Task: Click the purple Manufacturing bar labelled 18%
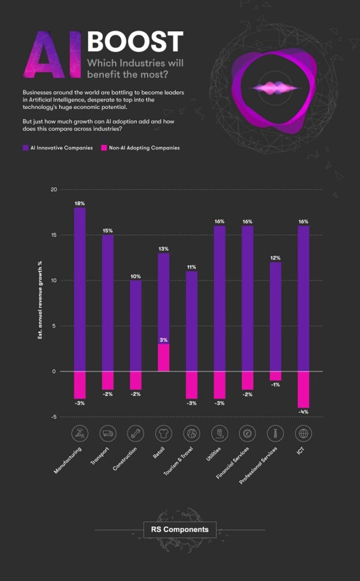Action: click(79, 289)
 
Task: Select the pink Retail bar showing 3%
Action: click(164, 357)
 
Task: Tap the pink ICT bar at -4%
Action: click(303, 389)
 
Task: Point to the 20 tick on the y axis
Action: click(54, 190)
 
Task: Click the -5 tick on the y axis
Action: click(54, 417)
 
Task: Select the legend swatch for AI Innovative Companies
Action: click(25, 148)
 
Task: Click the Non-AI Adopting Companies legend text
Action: click(144, 148)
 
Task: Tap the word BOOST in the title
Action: click(135, 42)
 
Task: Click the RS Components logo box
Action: click(179, 530)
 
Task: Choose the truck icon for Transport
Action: click(108, 434)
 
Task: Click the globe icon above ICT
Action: click(303, 434)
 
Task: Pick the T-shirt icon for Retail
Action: click(164, 434)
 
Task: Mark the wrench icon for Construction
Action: click(136, 434)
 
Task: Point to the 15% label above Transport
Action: click(108, 231)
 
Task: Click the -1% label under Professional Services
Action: click(275, 385)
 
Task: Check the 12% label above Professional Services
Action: click(275, 258)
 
